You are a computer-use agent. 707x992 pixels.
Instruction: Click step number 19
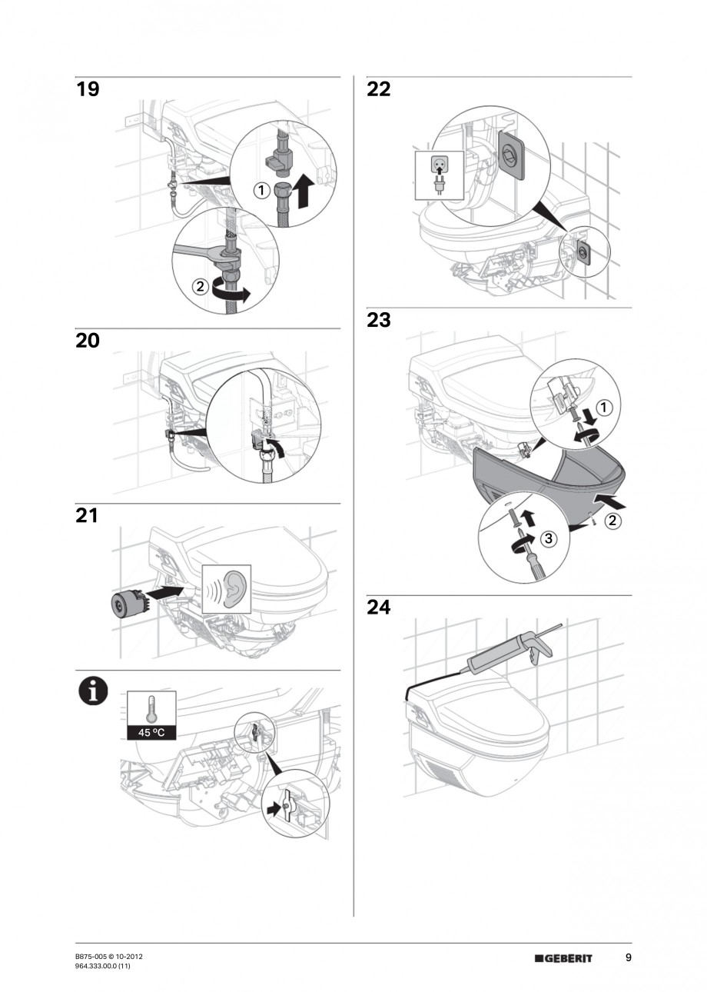point(88,89)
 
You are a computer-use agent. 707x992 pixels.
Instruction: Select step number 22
point(379,89)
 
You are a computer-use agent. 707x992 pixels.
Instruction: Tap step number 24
point(379,608)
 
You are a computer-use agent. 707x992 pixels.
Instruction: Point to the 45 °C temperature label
point(151,732)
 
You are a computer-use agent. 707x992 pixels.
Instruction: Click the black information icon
point(92,691)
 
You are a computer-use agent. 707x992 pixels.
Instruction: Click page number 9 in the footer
point(628,957)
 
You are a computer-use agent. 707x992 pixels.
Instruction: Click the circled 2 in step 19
point(199,287)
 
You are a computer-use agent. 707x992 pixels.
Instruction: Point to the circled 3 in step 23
point(547,539)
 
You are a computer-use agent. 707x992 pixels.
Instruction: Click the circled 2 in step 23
point(614,521)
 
